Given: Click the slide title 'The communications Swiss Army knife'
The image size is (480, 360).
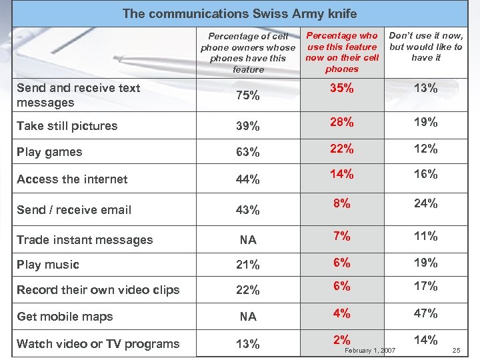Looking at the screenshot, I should click(240, 13).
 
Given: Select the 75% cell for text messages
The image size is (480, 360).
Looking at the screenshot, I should click(248, 95).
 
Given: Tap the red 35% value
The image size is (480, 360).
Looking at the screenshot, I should click(341, 87).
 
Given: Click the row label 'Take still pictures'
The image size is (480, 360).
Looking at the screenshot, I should click(67, 126).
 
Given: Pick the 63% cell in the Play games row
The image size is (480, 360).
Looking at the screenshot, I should click(248, 152).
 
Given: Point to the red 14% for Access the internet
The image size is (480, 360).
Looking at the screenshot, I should click(341, 174).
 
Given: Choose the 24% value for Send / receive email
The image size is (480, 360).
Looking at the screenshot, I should click(426, 203).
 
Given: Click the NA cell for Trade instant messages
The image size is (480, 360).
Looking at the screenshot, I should click(248, 240).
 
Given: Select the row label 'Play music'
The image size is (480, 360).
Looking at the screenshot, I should click(48, 265).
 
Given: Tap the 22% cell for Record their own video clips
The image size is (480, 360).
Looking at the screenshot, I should click(248, 291).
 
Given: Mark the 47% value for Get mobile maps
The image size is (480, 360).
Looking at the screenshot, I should click(426, 313).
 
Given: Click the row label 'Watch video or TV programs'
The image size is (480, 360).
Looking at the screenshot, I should click(98, 344).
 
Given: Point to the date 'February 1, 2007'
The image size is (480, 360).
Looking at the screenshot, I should click(370, 351).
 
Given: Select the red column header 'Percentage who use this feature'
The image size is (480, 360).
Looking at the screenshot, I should click(342, 52).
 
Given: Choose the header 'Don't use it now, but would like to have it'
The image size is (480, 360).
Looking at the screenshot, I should click(426, 47).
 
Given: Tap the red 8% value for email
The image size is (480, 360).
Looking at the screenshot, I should click(341, 203).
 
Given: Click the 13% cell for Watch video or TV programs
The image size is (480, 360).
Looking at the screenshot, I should click(248, 344).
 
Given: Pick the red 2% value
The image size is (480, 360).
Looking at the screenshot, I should click(341, 339).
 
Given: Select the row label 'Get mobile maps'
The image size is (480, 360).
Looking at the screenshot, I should click(65, 317).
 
